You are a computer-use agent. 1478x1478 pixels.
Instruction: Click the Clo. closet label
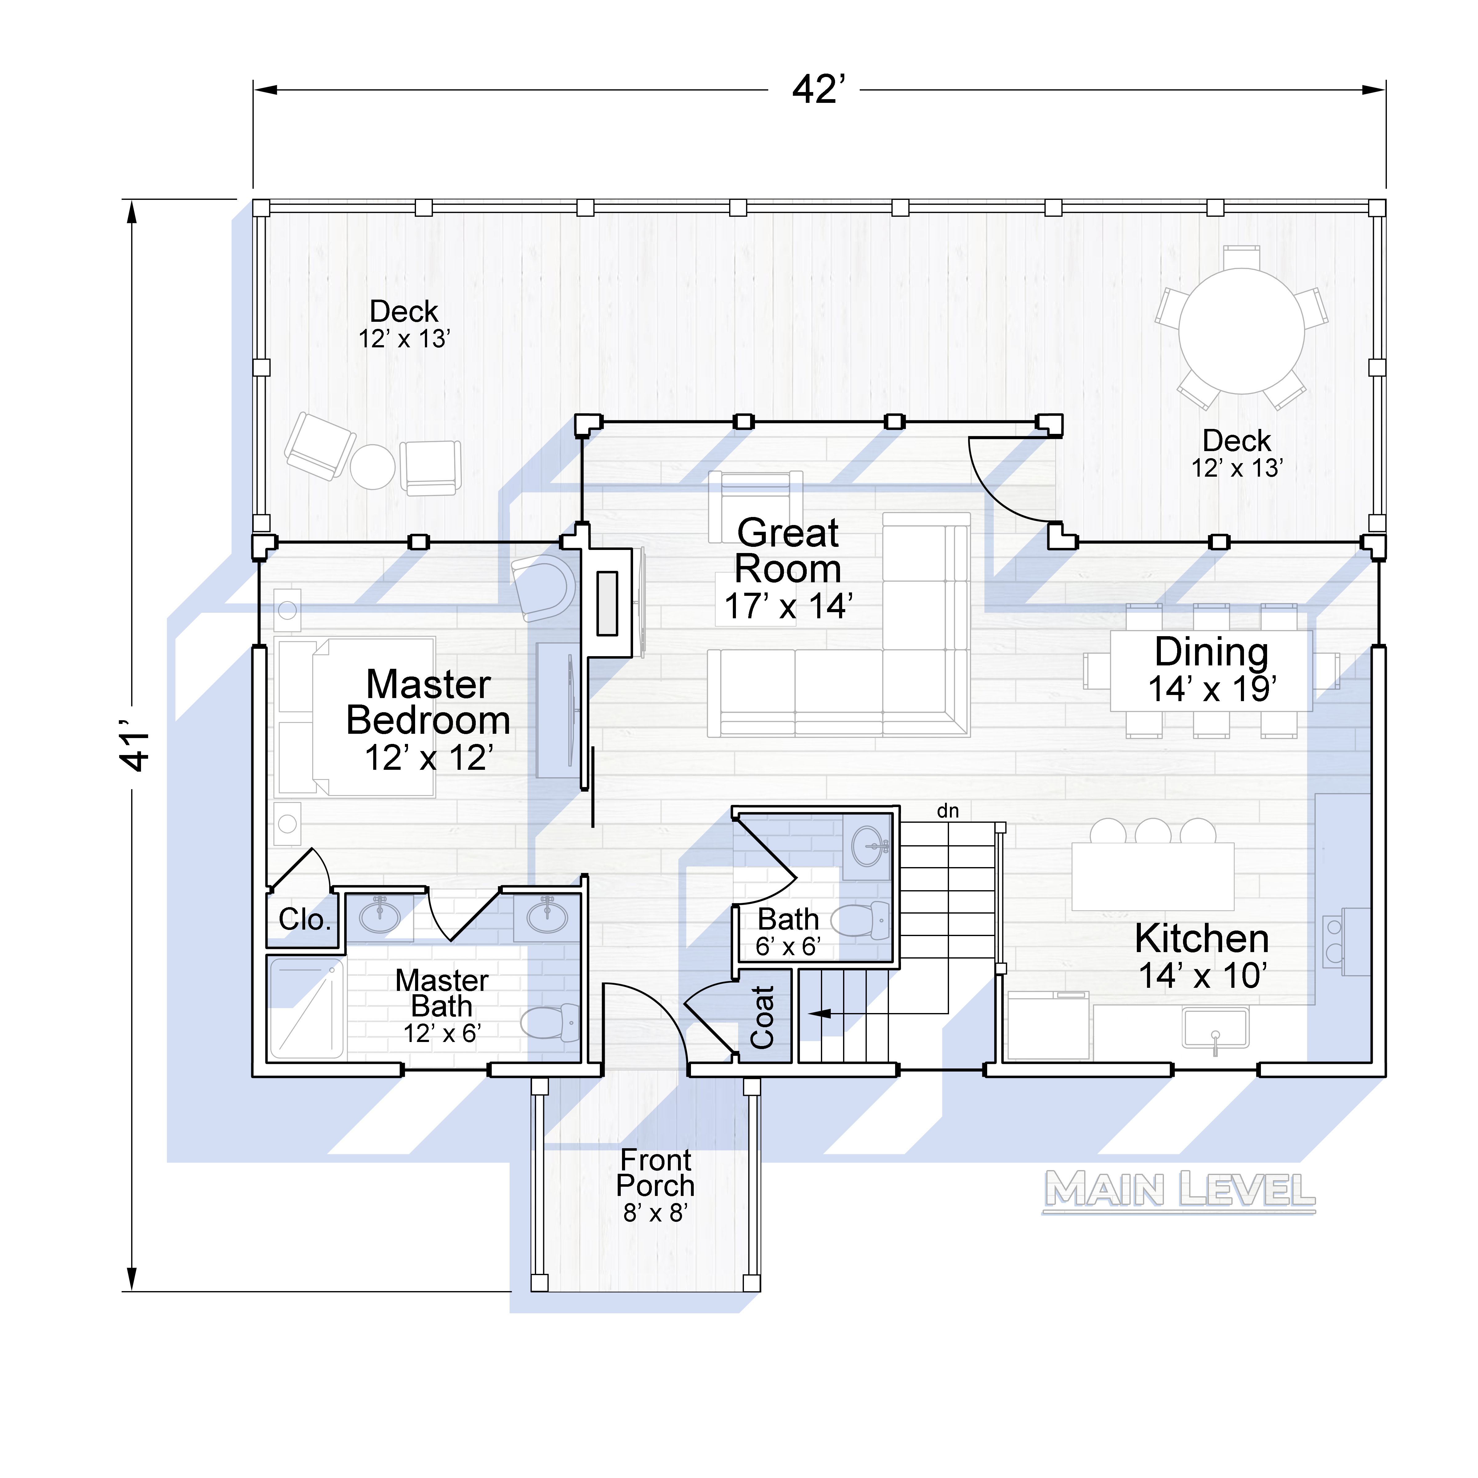(305, 919)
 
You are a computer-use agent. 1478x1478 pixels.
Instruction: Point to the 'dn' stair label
(948, 811)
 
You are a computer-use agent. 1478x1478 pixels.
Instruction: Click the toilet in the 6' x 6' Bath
(861, 920)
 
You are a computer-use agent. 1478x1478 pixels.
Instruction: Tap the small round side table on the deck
(373, 467)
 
